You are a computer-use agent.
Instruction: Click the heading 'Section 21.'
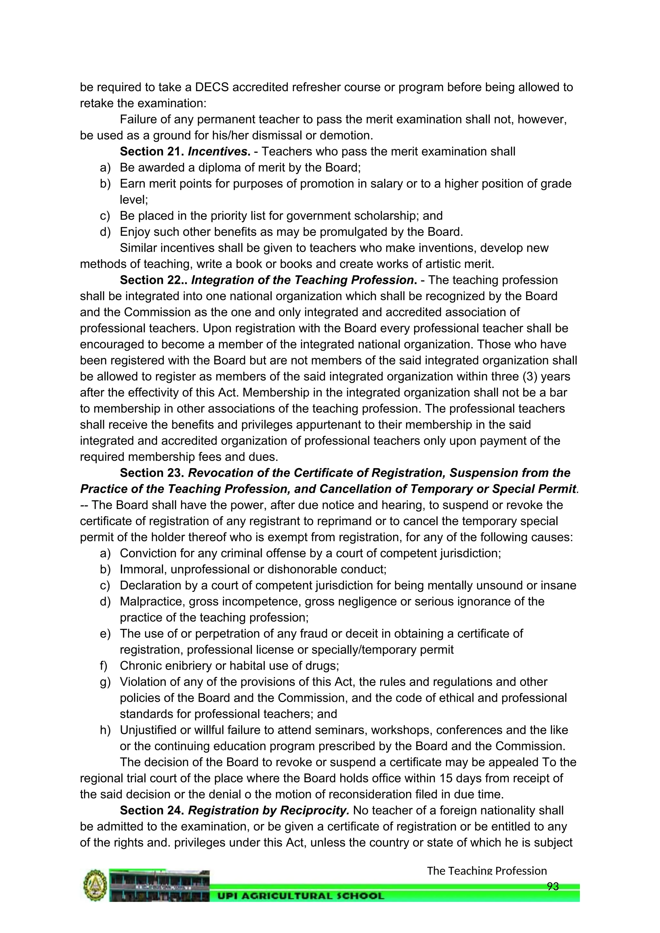point(152,151)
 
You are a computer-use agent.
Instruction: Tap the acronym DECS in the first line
point(213,87)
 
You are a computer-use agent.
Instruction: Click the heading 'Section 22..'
point(154,280)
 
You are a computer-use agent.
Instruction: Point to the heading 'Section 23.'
point(152,473)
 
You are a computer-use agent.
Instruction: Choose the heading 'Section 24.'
point(152,810)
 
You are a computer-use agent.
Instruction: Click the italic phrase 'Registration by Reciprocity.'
point(269,810)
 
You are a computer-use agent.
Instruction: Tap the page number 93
point(553,886)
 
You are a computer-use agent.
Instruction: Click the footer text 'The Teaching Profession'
point(487,871)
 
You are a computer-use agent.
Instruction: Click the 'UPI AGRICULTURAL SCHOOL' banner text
point(301,896)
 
